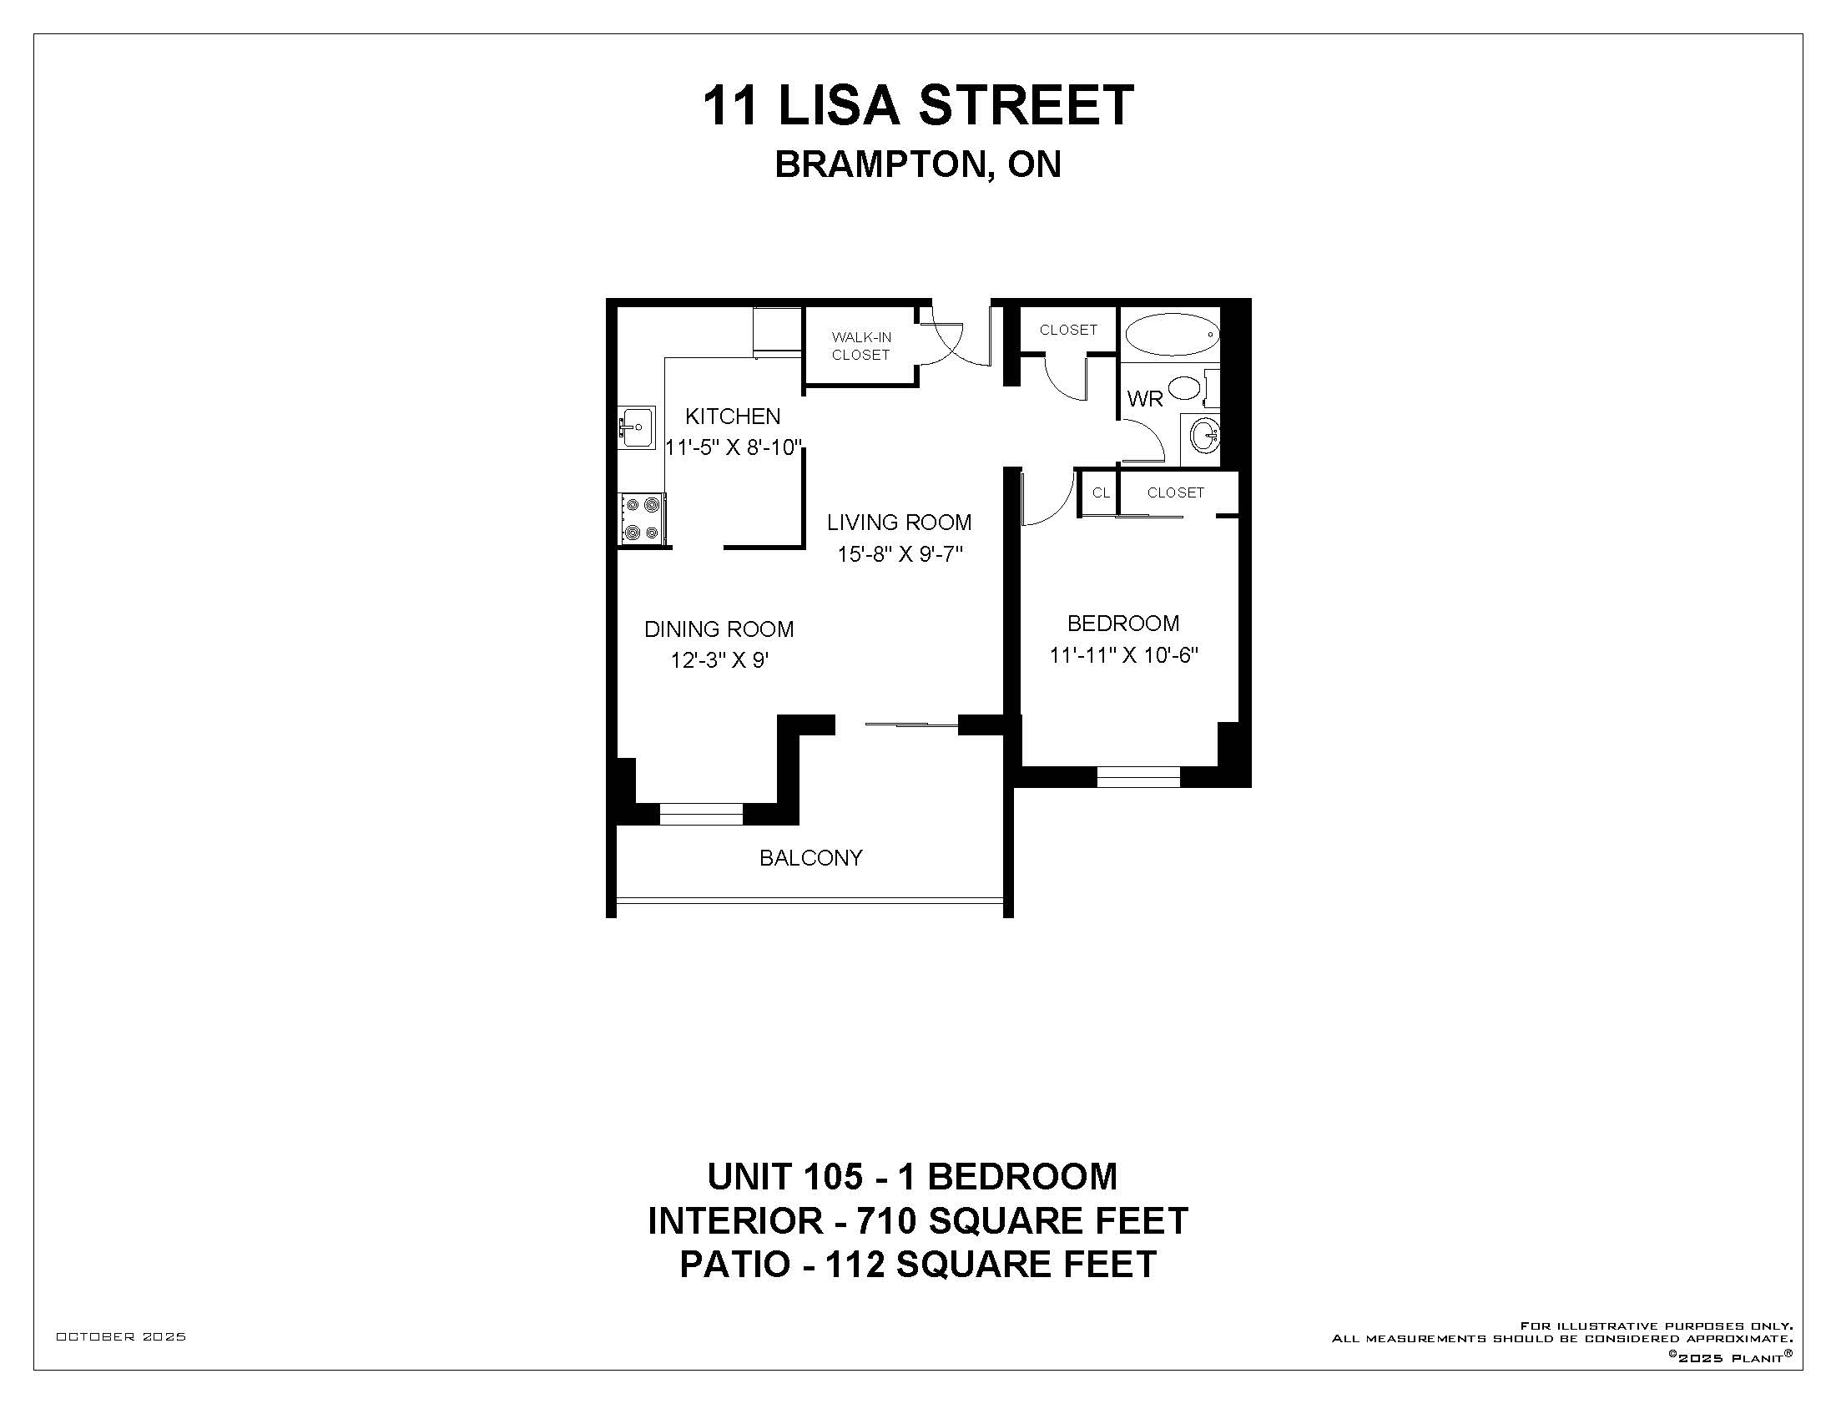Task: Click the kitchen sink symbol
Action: pos(637,428)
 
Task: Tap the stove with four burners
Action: pos(643,518)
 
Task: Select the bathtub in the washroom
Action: pos(1171,335)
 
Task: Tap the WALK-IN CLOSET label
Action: pos(861,346)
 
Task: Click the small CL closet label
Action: pos(1101,492)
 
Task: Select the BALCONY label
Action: pos(810,857)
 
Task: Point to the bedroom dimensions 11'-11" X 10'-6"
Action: pos(1123,655)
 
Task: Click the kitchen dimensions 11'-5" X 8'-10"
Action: pos(734,447)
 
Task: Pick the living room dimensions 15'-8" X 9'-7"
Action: pos(900,554)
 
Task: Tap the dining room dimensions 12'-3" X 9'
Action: pos(719,661)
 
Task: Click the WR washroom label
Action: pos(1145,398)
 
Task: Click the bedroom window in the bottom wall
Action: pos(1139,777)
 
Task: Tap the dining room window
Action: pos(701,814)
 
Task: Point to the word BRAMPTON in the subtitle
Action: pos(880,164)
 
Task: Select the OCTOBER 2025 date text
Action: pos(121,1336)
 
